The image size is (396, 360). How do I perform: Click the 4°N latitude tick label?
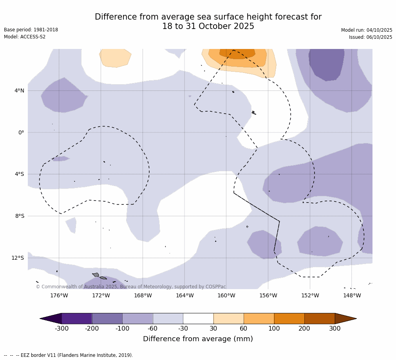(x=19, y=91)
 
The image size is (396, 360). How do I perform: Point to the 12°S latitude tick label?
(x=18, y=258)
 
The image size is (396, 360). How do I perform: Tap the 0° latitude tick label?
(x=21, y=132)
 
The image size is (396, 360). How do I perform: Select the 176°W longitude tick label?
(x=59, y=296)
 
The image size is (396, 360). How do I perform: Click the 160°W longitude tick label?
(x=226, y=296)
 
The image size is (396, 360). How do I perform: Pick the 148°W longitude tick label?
(x=352, y=296)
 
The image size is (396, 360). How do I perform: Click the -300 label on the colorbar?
(x=61, y=329)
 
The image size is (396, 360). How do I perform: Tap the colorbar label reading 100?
(x=274, y=329)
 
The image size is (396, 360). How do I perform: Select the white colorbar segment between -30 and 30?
(x=198, y=318)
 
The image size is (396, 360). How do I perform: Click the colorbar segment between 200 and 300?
(x=320, y=318)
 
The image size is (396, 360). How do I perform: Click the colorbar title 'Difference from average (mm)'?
(x=198, y=339)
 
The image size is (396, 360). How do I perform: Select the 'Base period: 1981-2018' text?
(x=31, y=30)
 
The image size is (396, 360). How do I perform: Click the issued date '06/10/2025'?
(x=379, y=37)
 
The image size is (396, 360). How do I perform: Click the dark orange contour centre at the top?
(x=237, y=54)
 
